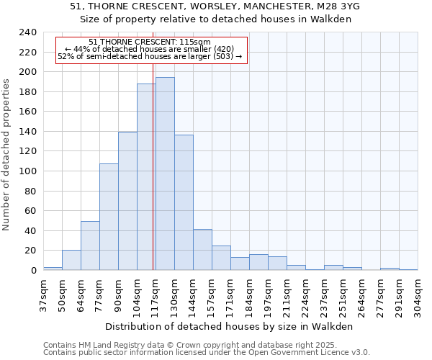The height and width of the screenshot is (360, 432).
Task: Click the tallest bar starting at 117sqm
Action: coord(165,174)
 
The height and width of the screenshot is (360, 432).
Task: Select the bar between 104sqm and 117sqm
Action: coord(145,177)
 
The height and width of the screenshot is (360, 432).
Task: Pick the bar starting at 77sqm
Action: coord(109,217)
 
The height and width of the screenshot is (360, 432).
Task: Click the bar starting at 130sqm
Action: coord(184,202)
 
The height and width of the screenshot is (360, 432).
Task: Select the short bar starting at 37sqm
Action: coord(53,269)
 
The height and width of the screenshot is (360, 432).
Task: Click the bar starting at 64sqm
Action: coord(90,246)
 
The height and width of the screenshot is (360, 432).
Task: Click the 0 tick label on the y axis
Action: coord(33,271)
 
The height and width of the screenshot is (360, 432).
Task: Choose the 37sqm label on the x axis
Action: coord(44,295)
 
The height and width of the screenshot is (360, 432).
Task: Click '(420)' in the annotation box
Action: coord(221,49)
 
